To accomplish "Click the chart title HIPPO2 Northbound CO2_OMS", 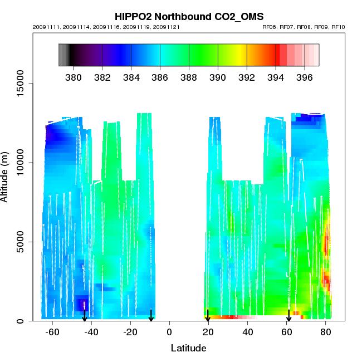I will pos(189,16).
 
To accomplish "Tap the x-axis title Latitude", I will pos(188,348).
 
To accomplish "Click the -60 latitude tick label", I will pos(52,332).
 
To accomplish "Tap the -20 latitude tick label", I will pos(130,332).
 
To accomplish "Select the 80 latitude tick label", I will pos(325,332).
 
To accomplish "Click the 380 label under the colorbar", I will pos(74,77).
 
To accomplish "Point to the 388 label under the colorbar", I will pos(189,77).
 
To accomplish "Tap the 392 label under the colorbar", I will pos(247,77).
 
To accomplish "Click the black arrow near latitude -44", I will pos(85,315).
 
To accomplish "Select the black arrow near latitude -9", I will pos(151,315).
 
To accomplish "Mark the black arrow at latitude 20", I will pos(208,315).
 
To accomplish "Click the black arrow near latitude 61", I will pos(288,315).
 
